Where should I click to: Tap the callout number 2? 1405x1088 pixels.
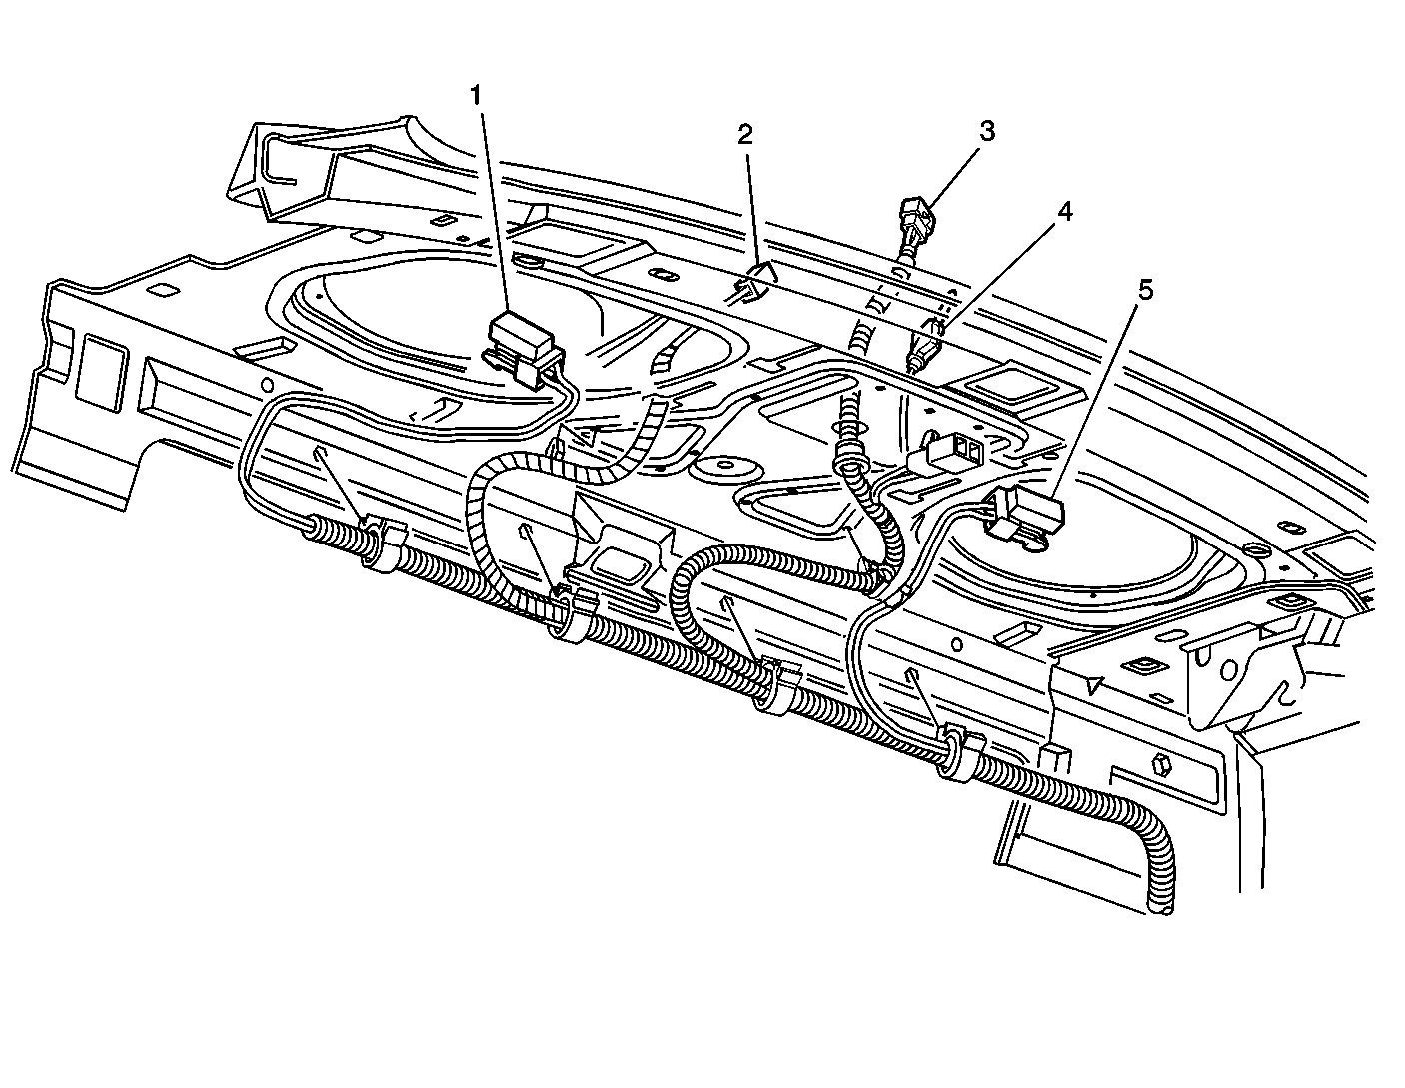[x=744, y=135]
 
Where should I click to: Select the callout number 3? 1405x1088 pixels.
[x=986, y=131]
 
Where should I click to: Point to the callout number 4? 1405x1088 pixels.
[x=1065, y=213]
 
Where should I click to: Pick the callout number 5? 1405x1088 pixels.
[x=1145, y=291]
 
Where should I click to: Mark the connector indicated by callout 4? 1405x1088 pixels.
[x=925, y=347]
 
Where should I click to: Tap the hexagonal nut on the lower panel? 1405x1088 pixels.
[x=1163, y=766]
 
